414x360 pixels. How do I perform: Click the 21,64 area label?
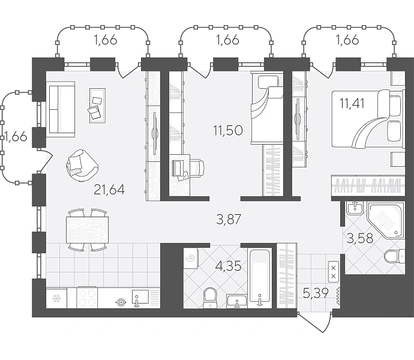(x=109, y=190)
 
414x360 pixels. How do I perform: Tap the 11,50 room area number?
(x=228, y=130)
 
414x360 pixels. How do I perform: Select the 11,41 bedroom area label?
(x=352, y=103)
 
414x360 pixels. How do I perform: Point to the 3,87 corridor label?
(x=229, y=220)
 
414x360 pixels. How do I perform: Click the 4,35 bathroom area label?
(x=229, y=266)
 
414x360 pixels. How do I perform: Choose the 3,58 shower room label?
(x=360, y=238)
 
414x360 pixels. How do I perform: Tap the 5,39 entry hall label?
(x=316, y=293)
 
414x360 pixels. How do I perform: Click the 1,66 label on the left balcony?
(x=16, y=137)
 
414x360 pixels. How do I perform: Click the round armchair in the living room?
(x=82, y=166)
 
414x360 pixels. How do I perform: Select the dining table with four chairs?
(x=88, y=230)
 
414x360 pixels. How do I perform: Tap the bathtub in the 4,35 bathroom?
(x=260, y=278)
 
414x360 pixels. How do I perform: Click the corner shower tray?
(x=386, y=221)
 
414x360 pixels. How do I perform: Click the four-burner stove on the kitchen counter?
(x=87, y=298)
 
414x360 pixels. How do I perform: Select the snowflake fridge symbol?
(x=56, y=298)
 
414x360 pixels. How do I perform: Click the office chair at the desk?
(x=197, y=168)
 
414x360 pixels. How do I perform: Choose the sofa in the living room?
(x=61, y=109)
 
